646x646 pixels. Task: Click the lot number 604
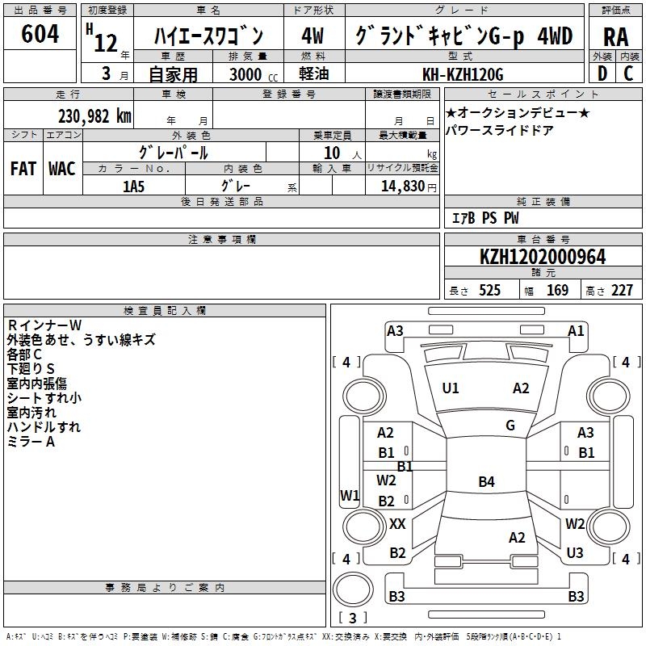[40, 34]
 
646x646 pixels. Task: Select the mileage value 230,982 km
[94, 116]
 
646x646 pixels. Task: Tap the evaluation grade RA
[616, 37]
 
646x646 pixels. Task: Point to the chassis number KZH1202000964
[543, 257]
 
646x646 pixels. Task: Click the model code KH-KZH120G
[463, 74]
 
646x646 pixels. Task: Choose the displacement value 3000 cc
[254, 74]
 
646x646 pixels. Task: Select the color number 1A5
[133, 187]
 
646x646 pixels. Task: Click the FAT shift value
[23, 169]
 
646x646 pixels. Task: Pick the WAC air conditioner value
[62, 169]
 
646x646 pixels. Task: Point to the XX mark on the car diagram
[397, 524]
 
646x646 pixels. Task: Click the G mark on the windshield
[510, 426]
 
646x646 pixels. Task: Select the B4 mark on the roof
[487, 481]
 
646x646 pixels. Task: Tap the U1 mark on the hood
[451, 388]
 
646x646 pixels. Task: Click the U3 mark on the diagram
[575, 553]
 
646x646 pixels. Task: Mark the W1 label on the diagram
[350, 496]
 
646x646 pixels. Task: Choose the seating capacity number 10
[332, 153]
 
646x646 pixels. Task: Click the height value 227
[622, 291]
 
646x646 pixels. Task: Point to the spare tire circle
[353, 589]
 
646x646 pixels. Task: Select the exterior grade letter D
[602, 73]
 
